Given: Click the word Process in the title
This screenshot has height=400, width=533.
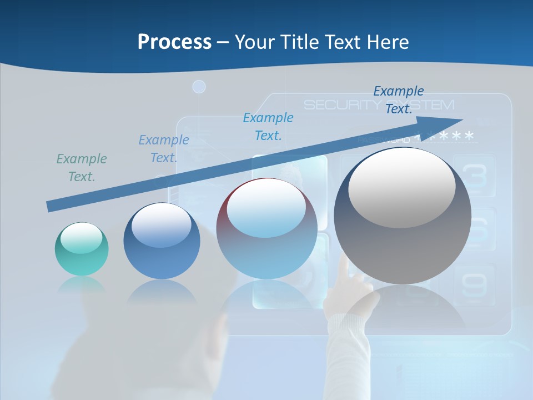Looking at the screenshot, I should pyautogui.click(x=174, y=42).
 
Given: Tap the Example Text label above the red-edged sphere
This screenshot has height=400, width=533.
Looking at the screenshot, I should pyautogui.click(x=268, y=127).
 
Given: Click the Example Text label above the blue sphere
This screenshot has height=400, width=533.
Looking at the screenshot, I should pyautogui.click(x=164, y=149).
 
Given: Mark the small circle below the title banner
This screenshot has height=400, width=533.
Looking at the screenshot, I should pyautogui.click(x=199, y=87).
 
